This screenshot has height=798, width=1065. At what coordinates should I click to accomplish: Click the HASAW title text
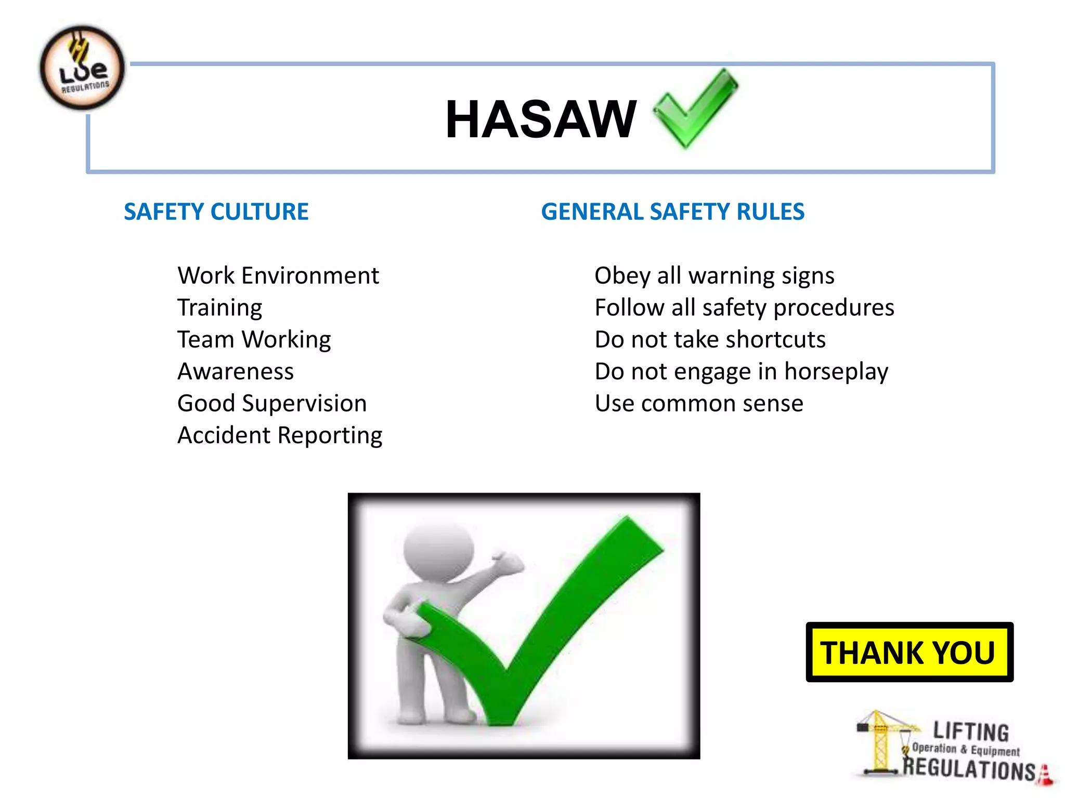tap(541, 119)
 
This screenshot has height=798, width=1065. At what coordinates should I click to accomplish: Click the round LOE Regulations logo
tap(82, 68)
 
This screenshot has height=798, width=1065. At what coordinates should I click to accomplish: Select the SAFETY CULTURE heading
tap(216, 212)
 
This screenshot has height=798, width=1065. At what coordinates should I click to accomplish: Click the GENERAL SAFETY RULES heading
tap(672, 212)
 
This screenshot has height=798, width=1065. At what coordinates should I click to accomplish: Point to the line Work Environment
tap(278, 275)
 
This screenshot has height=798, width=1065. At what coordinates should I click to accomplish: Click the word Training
tap(219, 308)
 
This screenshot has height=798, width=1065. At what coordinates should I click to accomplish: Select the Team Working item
tap(254, 340)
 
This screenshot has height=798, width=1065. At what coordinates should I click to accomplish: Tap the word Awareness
tap(235, 371)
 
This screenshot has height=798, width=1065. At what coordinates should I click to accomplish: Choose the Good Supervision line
tap(271, 404)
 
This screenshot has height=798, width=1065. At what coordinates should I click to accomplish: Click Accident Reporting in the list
tap(279, 435)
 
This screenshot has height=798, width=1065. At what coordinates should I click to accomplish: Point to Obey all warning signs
tap(714, 275)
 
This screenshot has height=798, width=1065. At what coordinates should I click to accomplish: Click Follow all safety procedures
tap(744, 308)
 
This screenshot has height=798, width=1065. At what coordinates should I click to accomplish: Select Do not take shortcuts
tap(710, 340)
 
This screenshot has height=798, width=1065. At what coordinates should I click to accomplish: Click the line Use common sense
tap(698, 404)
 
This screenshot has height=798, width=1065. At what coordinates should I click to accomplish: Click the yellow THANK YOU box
tap(909, 652)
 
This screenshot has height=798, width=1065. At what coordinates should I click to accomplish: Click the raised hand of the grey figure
tap(507, 563)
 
